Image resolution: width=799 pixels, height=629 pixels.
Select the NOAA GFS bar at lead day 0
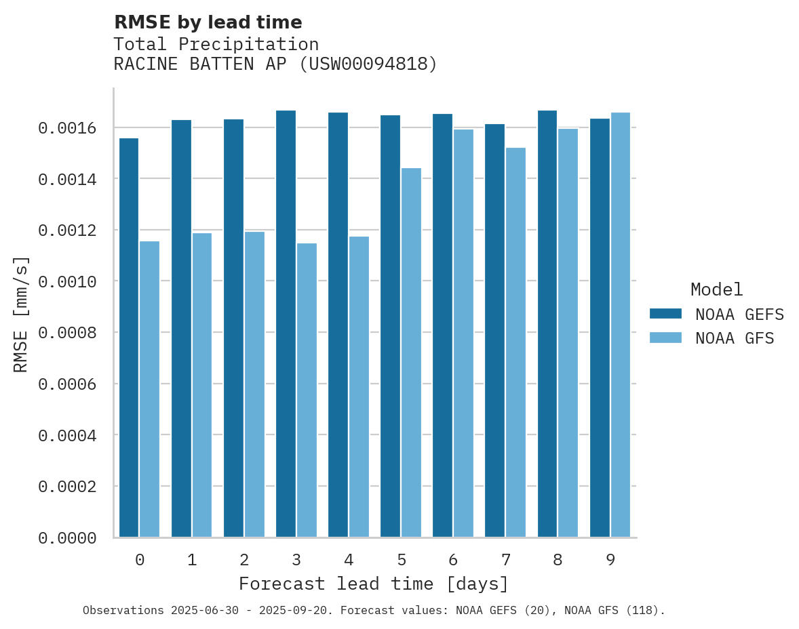[x=150, y=389]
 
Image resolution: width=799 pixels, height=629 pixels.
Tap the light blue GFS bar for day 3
[x=307, y=390]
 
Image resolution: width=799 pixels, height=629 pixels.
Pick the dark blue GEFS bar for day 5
[x=390, y=326]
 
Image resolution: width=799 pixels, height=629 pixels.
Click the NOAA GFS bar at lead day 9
[x=621, y=325]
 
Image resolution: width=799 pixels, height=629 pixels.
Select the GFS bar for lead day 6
[x=463, y=333]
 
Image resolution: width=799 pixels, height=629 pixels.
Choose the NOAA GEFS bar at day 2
[x=233, y=328]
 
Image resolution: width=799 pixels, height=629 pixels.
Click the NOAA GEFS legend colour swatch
[x=665, y=314]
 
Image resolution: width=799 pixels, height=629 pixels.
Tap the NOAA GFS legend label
[x=735, y=338]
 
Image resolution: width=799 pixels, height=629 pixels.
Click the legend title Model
[x=716, y=289]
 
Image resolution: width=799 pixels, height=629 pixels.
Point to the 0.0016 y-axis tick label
[x=66, y=128]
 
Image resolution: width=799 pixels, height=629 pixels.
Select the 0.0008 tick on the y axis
[x=66, y=333]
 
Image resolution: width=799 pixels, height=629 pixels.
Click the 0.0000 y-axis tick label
[x=66, y=538]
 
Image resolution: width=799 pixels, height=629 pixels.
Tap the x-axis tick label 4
[x=349, y=561]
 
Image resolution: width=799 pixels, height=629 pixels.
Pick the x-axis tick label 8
[x=558, y=561]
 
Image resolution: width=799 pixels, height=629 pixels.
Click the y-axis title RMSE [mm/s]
[x=21, y=314]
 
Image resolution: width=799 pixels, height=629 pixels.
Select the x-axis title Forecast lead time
[x=374, y=584]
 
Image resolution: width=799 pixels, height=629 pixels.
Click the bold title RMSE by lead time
[x=208, y=22]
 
